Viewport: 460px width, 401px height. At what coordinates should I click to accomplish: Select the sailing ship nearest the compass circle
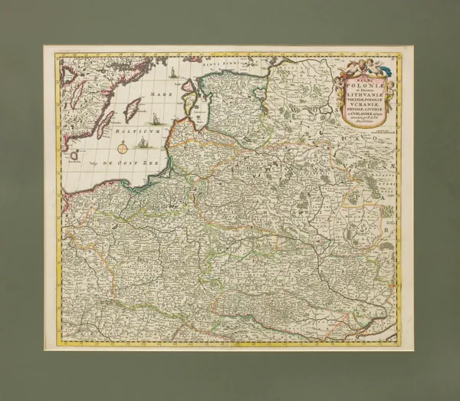click(143, 143)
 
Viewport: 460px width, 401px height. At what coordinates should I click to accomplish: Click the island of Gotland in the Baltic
click(132, 110)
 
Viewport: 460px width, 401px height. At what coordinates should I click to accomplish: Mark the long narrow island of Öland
click(105, 122)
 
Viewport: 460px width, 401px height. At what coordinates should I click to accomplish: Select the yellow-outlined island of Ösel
click(189, 99)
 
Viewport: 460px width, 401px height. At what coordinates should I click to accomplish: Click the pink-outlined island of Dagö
click(192, 86)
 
